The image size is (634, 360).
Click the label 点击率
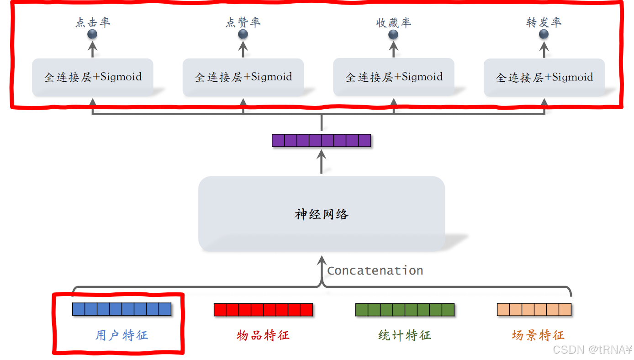[93, 22]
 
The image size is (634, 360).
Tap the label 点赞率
[243, 22]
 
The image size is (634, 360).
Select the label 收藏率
[394, 22]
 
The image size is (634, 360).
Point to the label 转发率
[544, 22]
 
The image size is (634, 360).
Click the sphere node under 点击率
[92, 34]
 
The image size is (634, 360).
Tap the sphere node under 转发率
[544, 34]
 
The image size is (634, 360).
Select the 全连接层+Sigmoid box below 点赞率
[243, 77]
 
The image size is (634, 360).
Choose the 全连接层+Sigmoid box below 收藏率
[394, 77]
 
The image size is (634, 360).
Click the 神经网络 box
[322, 214]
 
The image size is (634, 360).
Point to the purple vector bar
[321, 140]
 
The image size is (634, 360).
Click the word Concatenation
[375, 270]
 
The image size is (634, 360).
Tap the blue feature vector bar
[122, 309]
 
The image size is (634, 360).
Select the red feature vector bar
[263, 310]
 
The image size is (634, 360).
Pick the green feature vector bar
[405, 310]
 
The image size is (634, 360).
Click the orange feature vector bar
[534, 310]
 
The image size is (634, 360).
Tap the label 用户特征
[122, 335]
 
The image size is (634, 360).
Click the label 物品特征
[263, 335]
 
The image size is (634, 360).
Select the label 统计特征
[405, 335]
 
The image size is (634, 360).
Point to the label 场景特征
[538, 335]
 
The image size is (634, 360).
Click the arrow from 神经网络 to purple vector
[322, 162]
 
